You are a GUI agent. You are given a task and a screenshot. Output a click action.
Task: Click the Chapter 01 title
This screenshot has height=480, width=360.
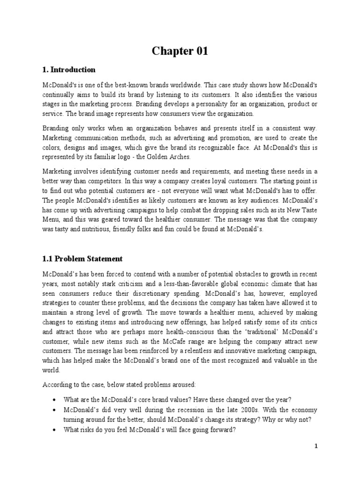tap(180, 52)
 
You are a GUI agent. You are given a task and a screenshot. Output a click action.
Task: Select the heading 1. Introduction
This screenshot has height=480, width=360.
tap(69, 70)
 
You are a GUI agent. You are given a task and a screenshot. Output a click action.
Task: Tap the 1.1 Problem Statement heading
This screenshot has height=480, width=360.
tap(82, 258)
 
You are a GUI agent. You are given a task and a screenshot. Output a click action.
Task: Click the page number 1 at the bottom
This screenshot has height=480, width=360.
tap(316, 446)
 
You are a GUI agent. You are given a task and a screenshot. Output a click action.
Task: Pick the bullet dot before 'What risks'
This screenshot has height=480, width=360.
tap(56, 429)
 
